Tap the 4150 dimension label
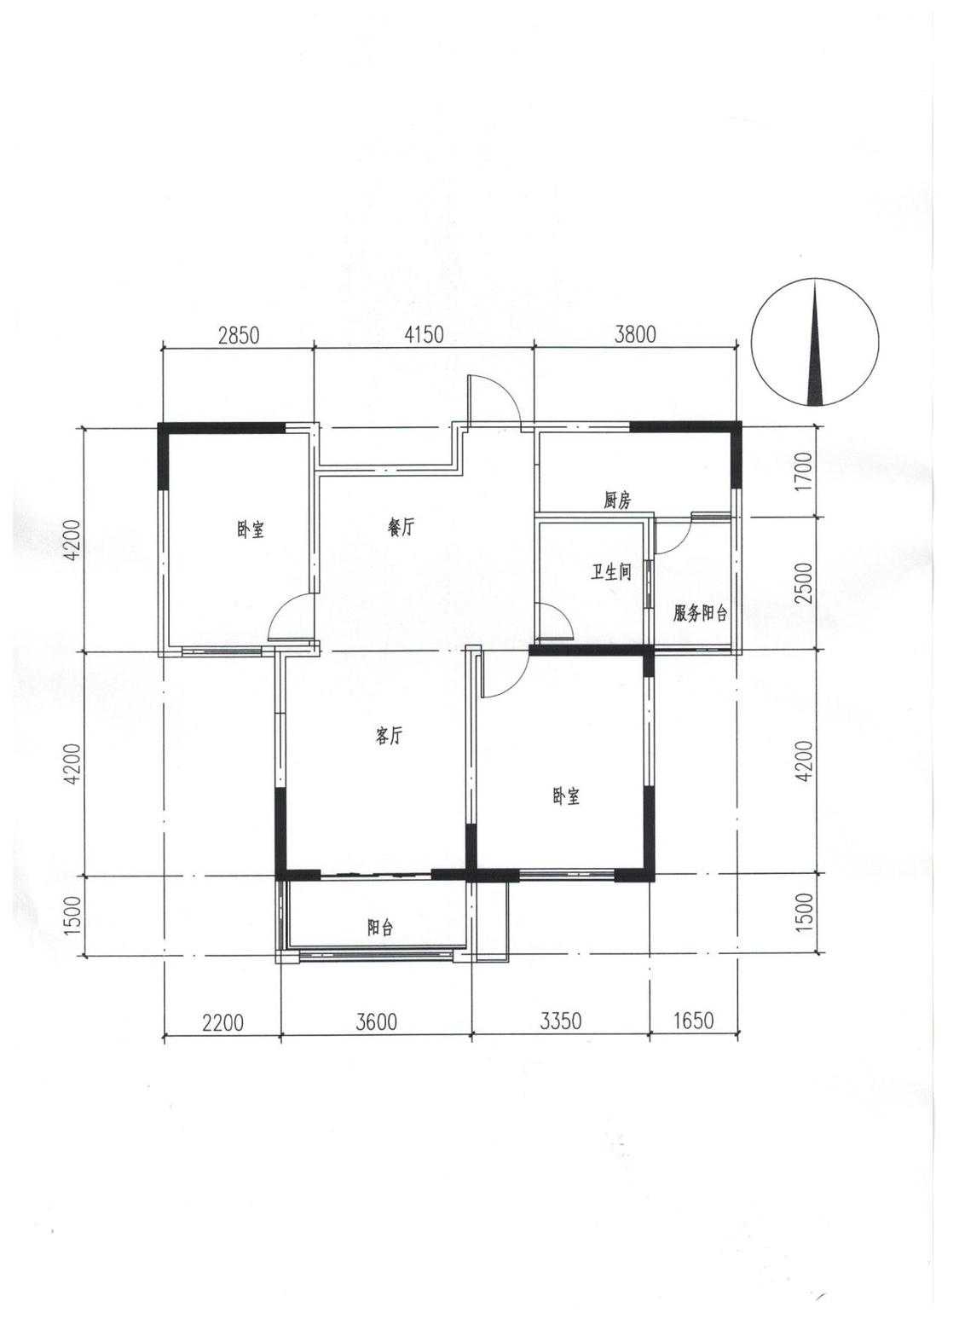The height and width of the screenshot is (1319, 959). [x=423, y=334]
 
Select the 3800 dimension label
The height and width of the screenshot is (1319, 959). [x=634, y=334]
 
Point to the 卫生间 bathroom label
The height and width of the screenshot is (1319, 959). [x=611, y=572]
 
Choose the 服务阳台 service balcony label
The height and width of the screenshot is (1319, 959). [x=700, y=614]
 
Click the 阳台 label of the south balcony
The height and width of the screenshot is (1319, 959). [x=380, y=929]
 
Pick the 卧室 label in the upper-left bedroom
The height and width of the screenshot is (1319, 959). [x=251, y=529]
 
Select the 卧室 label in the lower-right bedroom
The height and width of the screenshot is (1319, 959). [x=566, y=797]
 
